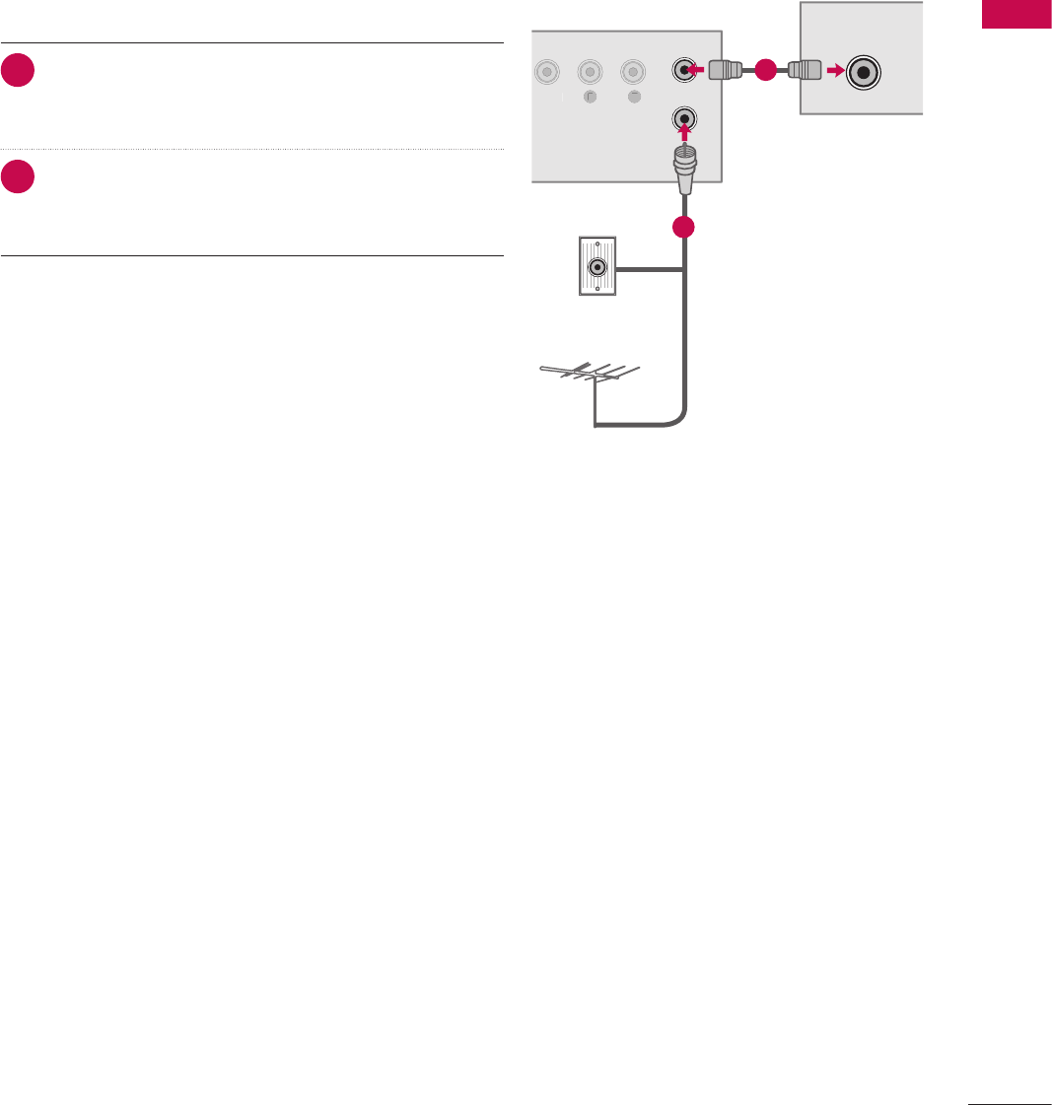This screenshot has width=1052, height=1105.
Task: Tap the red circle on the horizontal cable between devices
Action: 765,71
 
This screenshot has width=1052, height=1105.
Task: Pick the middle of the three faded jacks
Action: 589,72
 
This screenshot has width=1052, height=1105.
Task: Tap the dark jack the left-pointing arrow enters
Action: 685,71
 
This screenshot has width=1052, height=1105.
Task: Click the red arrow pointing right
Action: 835,71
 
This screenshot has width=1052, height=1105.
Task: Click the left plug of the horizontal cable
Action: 728,71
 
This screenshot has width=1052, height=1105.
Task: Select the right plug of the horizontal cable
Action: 804,71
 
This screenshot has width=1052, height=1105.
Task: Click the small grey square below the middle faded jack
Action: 589,97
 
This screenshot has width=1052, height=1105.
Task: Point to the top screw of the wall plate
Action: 596,243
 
